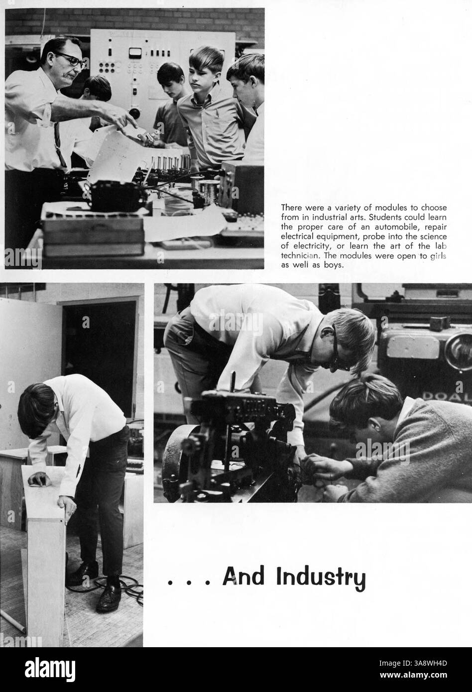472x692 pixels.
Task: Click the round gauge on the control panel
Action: (x=132, y=52)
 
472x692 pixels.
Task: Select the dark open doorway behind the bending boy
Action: (x=100, y=348)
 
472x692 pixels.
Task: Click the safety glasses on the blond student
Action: (x=336, y=351)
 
